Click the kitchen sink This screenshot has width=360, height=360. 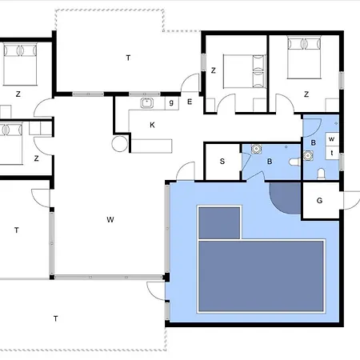(146, 103)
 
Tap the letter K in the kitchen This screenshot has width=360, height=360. (152, 125)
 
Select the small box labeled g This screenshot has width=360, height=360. (171, 103)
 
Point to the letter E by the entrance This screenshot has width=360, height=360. (190, 102)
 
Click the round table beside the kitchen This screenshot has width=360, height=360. (120, 144)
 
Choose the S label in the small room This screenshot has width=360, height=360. (222, 161)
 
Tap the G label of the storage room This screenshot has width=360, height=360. (319, 201)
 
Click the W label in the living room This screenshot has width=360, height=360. (110, 219)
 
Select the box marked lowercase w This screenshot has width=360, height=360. (332, 139)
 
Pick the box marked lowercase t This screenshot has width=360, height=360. (332, 153)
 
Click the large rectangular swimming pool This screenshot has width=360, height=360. (261, 276)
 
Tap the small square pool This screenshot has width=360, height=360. (219, 223)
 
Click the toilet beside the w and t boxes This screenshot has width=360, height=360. (321, 174)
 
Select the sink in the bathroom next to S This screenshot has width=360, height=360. (257, 149)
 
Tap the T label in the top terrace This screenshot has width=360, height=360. (128, 58)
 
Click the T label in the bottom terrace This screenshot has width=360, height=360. (55, 318)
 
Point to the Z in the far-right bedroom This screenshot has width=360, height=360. (306, 94)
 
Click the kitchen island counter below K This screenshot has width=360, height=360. (151, 146)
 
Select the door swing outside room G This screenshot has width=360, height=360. (351, 200)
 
